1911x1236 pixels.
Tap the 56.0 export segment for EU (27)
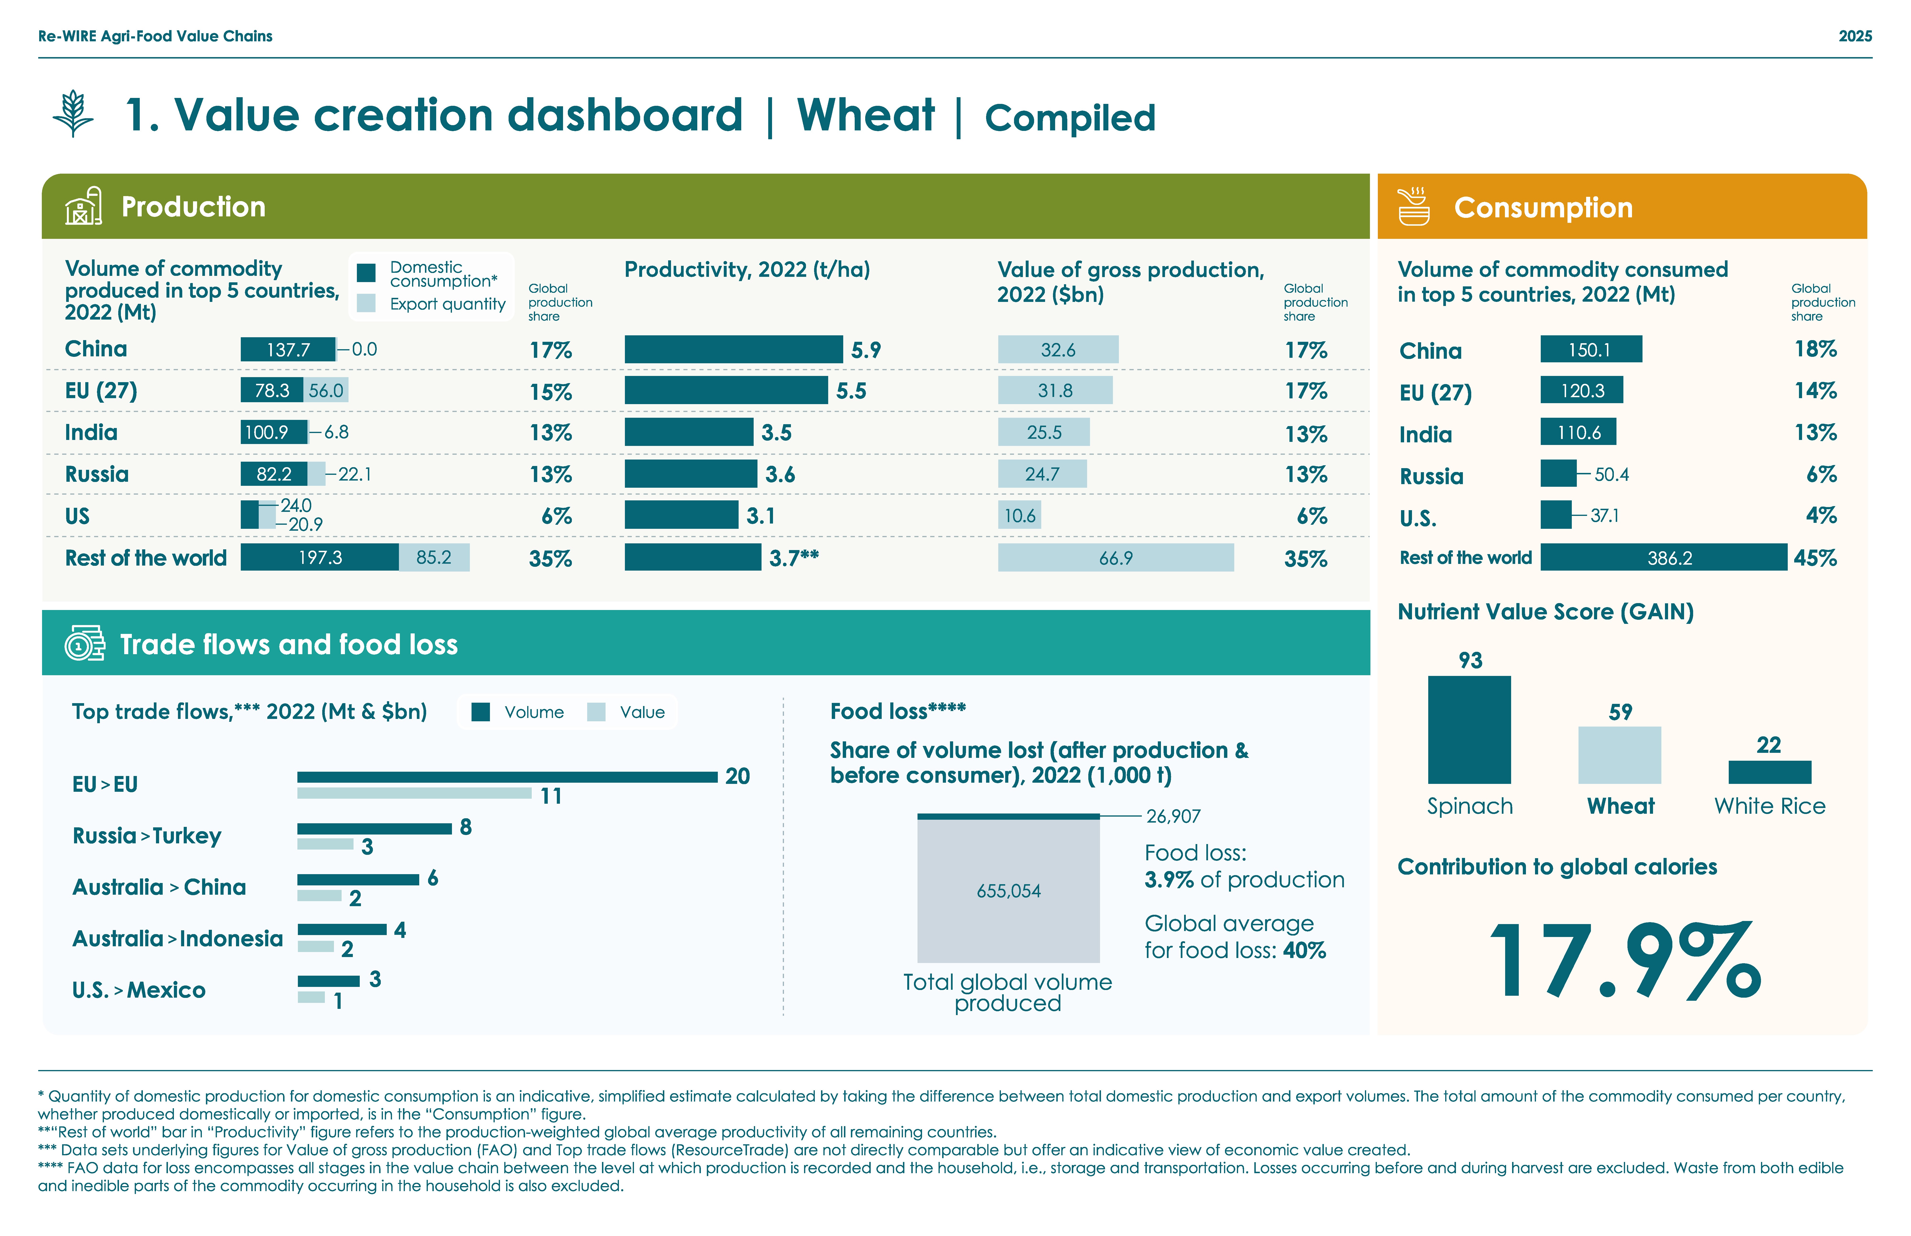click(326, 390)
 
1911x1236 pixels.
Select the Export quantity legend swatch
click(366, 303)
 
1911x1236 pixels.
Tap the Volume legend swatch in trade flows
click(481, 712)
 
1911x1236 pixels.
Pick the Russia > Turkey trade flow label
click(147, 835)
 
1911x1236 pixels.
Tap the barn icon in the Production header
click(83, 206)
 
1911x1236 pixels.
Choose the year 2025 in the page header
click(1855, 36)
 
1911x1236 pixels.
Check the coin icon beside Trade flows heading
click(84, 644)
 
